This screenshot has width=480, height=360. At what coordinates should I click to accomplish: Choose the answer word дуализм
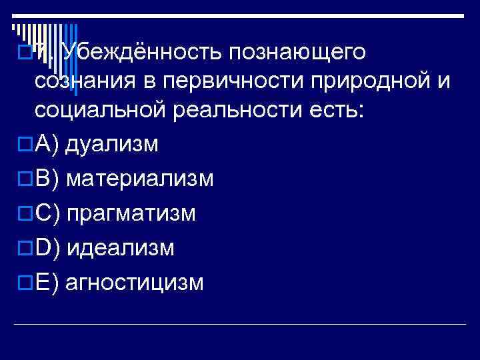click(112, 144)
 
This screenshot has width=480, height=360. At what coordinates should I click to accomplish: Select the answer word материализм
click(141, 179)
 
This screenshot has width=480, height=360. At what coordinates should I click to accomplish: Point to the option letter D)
click(47, 248)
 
